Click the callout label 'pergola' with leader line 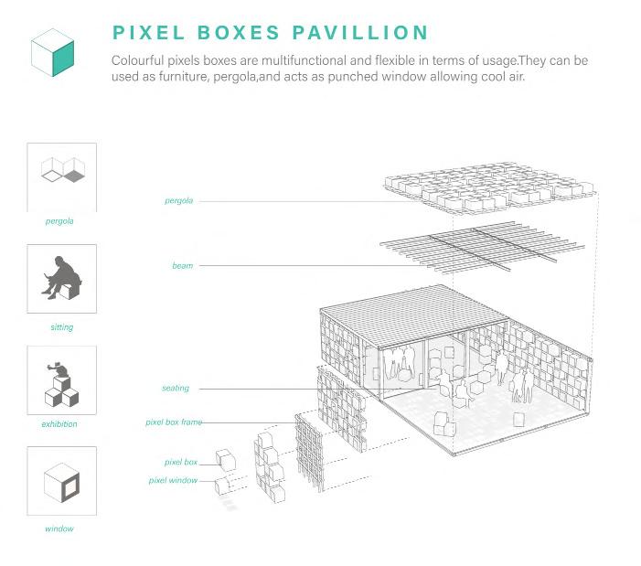(x=178, y=200)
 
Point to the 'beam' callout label (x=182, y=265)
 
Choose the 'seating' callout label (x=175, y=388)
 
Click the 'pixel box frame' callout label (x=173, y=422)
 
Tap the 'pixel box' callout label (x=180, y=463)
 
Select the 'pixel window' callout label (x=173, y=480)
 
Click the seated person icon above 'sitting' (x=61, y=278)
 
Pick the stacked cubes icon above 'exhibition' (x=61, y=383)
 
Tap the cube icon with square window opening (x=61, y=482)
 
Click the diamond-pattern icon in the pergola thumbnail (x=61, y=171)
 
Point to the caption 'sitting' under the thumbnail (x=61, y=326)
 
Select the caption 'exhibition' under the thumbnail (x=59, y=424)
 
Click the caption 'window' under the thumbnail (x=59, y=529)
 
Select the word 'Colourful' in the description (x=141, y=59)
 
